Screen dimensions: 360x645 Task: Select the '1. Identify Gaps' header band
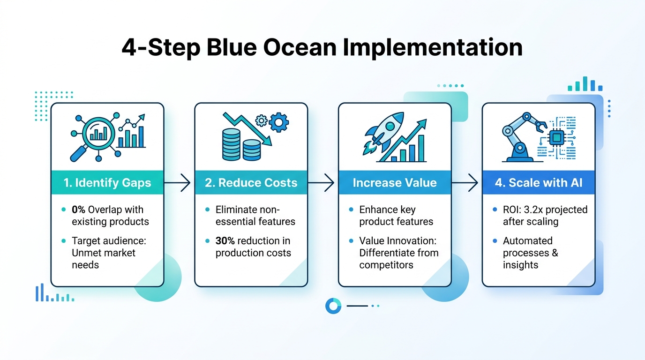point(107,182)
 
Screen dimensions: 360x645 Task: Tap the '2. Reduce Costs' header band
point(251,182)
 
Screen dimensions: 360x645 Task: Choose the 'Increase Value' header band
point(395,182)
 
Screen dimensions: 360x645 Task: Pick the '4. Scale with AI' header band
point(539,182)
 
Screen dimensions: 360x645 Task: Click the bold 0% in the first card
point(78,210)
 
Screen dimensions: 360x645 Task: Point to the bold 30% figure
point(225,241)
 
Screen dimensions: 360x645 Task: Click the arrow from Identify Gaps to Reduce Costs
point(179,182)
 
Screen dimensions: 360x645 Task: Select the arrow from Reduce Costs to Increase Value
point(322,182)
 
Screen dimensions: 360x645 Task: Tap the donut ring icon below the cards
point(333,306)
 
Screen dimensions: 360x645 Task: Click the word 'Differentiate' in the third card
point(386,253)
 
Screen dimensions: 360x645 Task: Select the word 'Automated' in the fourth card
point(521,241)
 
